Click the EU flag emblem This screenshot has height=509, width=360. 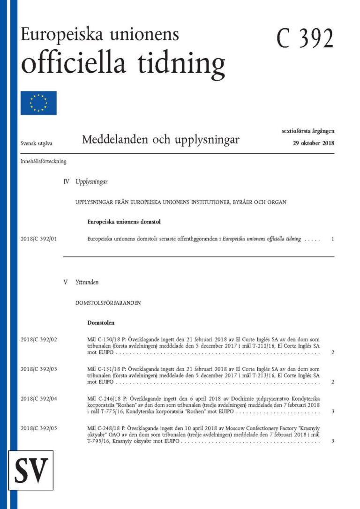coord(38,103)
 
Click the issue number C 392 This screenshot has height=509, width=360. coord(305,38)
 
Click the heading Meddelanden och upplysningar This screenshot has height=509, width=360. coord(160,140)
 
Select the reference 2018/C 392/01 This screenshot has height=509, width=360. coord(39,239)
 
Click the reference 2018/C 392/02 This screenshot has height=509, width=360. coord(39,338)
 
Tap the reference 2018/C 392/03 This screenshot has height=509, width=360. coord(39,369)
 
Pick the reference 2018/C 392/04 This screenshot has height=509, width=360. coord(39,398)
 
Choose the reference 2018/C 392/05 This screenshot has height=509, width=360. coord(39,428)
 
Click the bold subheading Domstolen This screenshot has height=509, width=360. coord(101,323)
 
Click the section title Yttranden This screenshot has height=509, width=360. coord(87,283)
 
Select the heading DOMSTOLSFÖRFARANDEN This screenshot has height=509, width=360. coord(108,303)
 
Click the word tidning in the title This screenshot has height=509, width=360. coord(181,63)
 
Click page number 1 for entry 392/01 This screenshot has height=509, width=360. coord(332,239)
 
